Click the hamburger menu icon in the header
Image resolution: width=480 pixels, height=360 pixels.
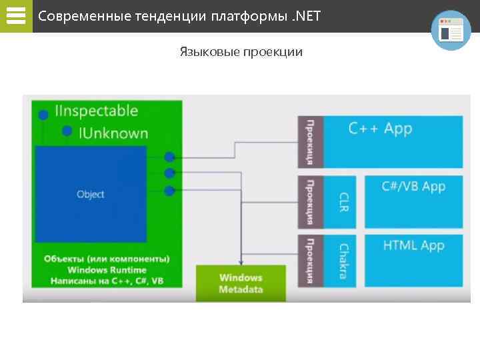(x=15, y=15)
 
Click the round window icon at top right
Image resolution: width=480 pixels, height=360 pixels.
(x=451, y=30)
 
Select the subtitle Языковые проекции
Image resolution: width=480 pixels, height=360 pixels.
(x=241, y=51)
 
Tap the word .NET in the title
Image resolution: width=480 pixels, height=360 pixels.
(x=307, y=15)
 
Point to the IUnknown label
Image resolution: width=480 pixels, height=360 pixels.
(x=113, y=133)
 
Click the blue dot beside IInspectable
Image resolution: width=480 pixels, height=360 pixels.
(x=43, y=115)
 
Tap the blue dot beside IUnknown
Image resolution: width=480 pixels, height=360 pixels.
(x=67, y=131)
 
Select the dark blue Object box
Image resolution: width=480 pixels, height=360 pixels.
(x=91, y=194)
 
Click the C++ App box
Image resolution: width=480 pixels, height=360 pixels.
(x=393, y=141)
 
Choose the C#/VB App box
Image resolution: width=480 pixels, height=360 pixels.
(x=413, y=201)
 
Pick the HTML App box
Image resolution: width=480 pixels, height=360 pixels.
(x=413, y=260)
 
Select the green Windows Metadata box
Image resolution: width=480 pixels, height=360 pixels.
(x=241, y=283)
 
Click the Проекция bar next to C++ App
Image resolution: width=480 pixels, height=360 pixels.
(x=310, y=141)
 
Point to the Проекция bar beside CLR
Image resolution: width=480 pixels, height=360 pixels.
(x=310, y=201)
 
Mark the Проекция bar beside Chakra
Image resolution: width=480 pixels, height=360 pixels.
(x=310, y=261)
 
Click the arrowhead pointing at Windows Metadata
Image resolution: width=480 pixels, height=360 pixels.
(x=241, y=261)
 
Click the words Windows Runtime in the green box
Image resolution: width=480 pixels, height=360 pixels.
(x=107, y=270)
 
